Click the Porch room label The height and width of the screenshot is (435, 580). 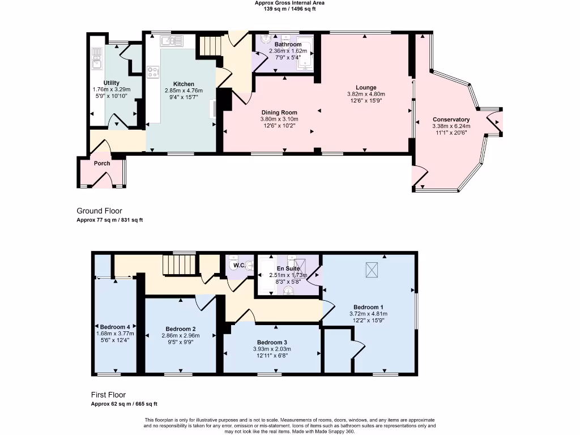click(x=102, y=163)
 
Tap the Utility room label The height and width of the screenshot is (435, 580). click(x=112, y=83)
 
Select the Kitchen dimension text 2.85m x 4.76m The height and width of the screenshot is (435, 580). click(x=184, y=91)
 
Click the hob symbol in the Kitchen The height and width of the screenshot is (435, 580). click(x=153, y=72)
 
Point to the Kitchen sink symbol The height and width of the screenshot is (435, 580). click(x=172, y=40)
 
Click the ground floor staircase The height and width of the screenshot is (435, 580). click(x=210, y=45)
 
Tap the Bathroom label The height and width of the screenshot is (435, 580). click(x=288, y=44)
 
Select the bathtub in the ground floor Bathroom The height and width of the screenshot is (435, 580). click(x=305, y=53)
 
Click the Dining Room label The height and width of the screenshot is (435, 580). click(x=279, y=113)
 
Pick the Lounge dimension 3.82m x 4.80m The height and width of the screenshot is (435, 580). click(x=366, y=94)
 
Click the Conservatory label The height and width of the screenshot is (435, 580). click(x=451, y=120)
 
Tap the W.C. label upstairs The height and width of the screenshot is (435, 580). click(x=240, y=265)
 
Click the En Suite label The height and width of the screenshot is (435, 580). click(x=288, y=268)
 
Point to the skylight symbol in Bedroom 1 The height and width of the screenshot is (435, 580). click(x=372, y=270)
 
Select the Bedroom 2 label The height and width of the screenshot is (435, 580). click(x=181, y=329)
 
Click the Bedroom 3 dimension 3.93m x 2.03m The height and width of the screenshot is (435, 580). click(x=272, y=349)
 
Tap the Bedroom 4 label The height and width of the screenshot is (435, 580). click(x=115, y=327)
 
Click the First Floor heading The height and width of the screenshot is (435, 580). click(x=108, y=395)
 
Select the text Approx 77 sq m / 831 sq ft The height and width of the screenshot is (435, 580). click(x=109, y=220)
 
